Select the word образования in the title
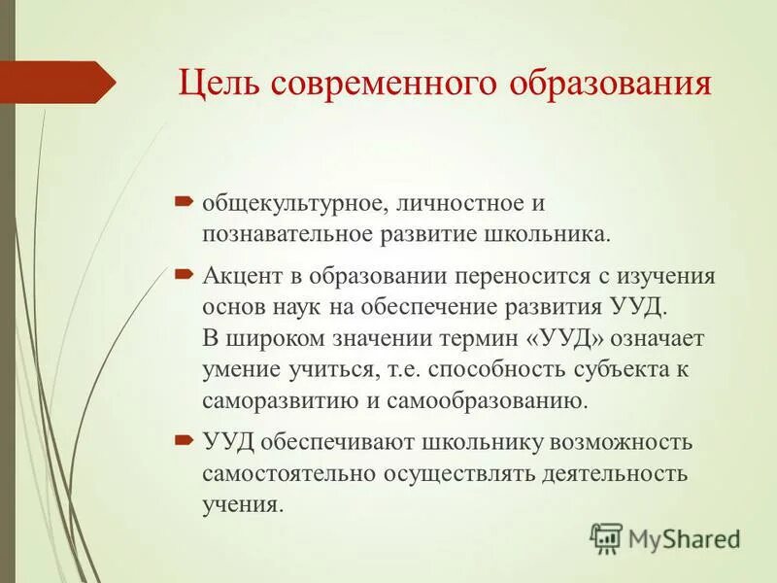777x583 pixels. (610, 85)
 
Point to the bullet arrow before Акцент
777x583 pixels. (185, 275)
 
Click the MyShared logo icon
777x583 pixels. (607, 538)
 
